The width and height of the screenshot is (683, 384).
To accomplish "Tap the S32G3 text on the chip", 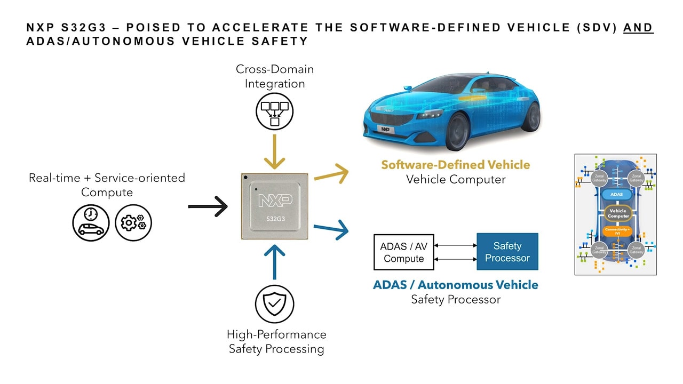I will coord(274,219).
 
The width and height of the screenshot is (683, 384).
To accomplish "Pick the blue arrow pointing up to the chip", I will coord(274,262).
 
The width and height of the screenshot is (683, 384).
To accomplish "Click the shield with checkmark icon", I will coord(274,303).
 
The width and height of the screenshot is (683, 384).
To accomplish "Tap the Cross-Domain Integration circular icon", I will coord(274,110).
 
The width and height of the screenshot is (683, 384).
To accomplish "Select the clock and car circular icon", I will coord(91,223).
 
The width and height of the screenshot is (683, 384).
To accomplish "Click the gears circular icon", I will coord(133,223).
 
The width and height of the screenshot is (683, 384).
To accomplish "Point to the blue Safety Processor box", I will coord(507,252).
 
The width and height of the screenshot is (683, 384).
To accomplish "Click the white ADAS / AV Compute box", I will coord(403,252).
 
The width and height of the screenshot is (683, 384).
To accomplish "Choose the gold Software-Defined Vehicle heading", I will coord(455,165).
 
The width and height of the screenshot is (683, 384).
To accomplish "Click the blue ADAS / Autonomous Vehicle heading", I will coord(455,285).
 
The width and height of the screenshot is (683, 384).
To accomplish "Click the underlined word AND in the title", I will coord(638,28).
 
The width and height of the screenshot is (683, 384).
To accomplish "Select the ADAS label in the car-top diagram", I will coord(616,195).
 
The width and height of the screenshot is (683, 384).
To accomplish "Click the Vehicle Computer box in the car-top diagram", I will coord(617,213).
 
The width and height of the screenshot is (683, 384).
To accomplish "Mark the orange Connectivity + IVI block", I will coord(617,230).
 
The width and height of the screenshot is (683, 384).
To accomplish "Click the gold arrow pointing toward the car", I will coord(331,173).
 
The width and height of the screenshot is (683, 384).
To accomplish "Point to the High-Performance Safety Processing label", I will coord(276,341).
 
